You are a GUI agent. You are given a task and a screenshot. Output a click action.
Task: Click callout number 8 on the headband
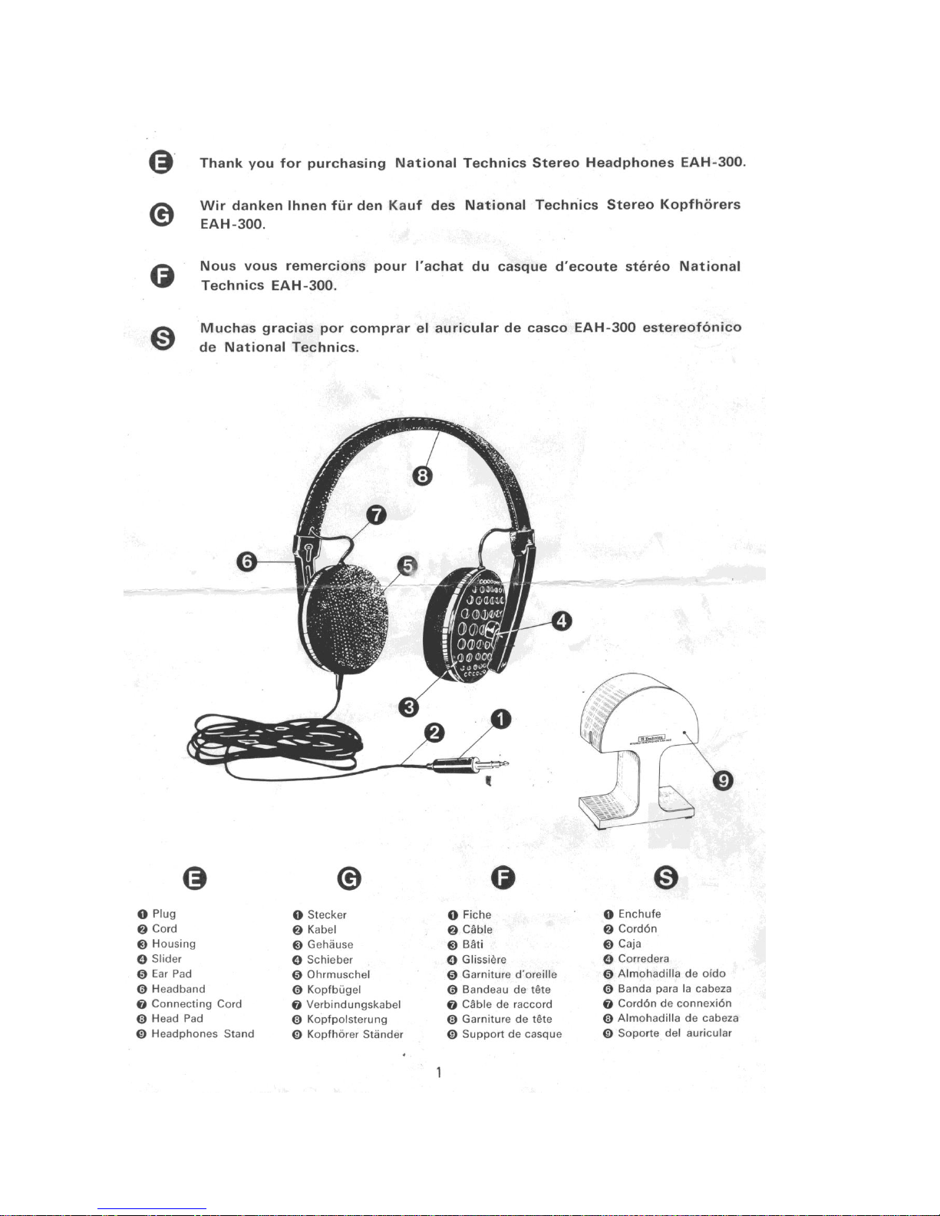[423, 476]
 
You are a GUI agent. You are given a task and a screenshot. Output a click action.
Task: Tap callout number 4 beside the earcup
[562, 621]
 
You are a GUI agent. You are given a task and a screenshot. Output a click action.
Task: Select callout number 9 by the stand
[723, 780]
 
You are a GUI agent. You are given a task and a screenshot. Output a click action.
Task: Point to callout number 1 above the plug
[500, 719]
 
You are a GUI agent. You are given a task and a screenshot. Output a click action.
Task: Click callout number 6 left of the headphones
[246, 562]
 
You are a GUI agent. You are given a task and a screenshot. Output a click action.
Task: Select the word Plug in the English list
[164, 914]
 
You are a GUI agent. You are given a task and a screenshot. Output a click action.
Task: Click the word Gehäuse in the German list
[330, 944]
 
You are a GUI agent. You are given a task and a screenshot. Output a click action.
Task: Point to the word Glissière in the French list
[484, 960]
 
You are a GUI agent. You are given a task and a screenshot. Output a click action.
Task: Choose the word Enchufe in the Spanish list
[639, 914]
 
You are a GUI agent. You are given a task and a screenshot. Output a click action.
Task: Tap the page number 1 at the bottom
[438, 1072]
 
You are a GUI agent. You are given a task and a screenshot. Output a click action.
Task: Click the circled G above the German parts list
[349, 878]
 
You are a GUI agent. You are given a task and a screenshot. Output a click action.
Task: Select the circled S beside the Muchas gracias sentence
[161, 338]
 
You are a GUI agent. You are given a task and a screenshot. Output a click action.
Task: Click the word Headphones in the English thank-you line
[629, 163]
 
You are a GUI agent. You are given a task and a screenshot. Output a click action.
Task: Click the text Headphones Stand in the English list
[203, 1033]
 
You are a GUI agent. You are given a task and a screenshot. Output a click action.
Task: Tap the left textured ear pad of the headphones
[348, 618]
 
